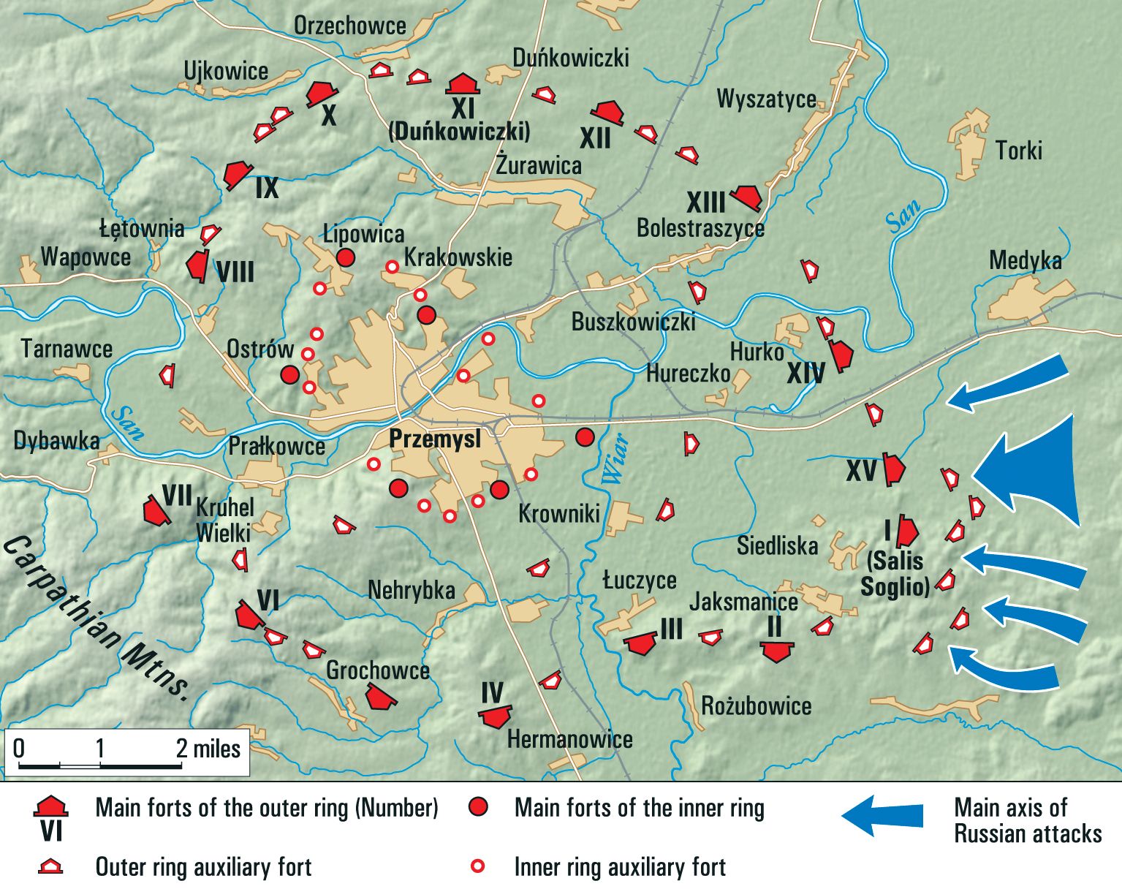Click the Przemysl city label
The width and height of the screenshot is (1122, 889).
(435, 439)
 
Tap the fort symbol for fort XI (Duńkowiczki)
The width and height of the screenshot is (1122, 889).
(463, 83)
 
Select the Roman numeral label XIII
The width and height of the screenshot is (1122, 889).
(705, 203)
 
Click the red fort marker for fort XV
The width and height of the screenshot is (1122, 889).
(893, 469)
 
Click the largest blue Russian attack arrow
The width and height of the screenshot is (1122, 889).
(1034, 472)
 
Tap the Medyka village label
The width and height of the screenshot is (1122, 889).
(1025, 261)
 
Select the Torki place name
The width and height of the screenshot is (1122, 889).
(1018, 151)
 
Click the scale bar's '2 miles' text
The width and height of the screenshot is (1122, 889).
(208, 749)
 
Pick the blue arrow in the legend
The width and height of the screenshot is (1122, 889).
(882, 815)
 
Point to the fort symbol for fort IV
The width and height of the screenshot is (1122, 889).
(496, 716)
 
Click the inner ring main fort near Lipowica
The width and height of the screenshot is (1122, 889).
(346, 257)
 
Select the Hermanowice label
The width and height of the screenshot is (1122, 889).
(569, 739)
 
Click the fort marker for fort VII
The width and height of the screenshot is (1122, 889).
(155, 510)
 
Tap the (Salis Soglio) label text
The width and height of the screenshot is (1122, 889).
(895, 574)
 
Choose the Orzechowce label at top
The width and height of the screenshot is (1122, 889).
(349, 26)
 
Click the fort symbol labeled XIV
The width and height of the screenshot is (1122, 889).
(841, 355)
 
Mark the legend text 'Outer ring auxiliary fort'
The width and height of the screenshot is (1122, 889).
(203, 867)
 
